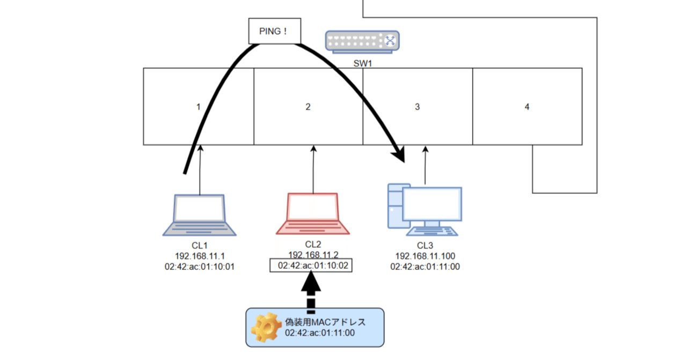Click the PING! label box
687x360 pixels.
(274, 31)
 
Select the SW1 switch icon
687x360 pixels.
(362, 41)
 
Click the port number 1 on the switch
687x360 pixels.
(198, 107)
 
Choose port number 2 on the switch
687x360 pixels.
(308, 107)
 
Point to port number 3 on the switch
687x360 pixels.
(417, 107)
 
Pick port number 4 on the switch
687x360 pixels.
(527, 107)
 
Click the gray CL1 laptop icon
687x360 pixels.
(199, 215)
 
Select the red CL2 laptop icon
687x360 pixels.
(313, 214)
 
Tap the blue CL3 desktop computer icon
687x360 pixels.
(425, 210)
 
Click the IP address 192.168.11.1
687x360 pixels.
(199, 256)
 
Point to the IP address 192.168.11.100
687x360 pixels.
(425, 256)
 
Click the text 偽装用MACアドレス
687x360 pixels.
(325, 322)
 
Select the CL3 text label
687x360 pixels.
(425, 246)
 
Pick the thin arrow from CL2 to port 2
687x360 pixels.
(313, 169)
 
